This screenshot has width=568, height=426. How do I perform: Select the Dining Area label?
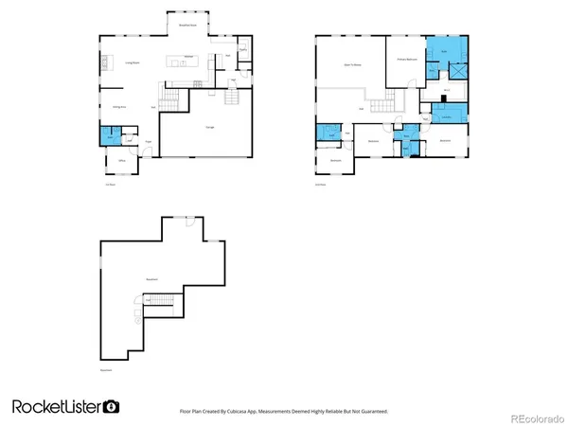119,106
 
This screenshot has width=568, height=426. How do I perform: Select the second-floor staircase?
386,103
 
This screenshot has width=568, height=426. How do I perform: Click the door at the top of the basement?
189,220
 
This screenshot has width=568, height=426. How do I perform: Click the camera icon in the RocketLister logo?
112,406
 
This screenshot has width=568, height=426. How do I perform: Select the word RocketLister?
57,406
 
